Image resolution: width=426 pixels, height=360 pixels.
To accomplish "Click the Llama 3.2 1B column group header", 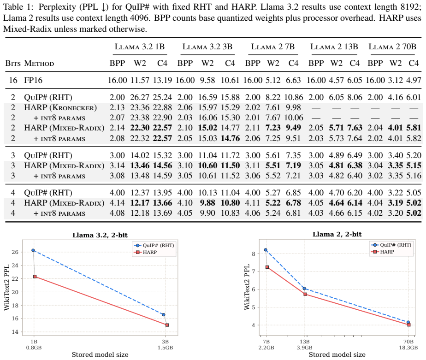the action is [x=140, y=47].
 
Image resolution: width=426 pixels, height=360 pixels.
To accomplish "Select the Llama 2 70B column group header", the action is [x=392, y=47].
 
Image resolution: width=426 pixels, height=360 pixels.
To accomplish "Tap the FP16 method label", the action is [x=33, y=80].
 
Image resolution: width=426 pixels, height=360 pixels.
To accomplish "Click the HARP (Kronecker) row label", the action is [x=60, y=107].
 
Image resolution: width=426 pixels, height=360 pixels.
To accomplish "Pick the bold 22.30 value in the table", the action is [x=140, y=128].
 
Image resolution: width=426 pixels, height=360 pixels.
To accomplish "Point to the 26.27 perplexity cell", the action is [x=140, y=97].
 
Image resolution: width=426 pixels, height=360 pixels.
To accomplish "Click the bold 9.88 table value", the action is [x=207, y=203].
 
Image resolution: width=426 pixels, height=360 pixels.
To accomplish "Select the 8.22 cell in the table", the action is [x=273, y=97].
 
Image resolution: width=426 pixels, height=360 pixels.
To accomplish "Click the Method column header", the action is [x=39, y=63].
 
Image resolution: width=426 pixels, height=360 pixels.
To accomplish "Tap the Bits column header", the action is [x=13, y=63].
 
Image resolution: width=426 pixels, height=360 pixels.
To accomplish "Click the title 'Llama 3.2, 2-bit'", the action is [x=100, y=235].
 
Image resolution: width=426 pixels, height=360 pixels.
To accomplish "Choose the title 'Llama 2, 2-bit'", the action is [x=337, y=234].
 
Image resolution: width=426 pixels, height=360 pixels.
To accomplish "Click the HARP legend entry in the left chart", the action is [x=146, y=253].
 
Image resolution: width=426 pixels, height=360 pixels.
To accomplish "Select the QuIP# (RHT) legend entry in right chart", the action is [x=391, y=245].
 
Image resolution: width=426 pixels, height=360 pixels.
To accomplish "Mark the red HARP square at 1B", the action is [x=35, y=277].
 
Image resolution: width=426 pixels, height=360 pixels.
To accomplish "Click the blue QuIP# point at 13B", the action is [x=304, y=289].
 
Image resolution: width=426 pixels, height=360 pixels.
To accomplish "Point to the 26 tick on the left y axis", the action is [x=15, y=252].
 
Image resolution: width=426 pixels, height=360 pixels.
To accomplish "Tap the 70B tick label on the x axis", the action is [x=408, y=342].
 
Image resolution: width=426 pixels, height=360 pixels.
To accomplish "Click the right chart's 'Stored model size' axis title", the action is [x=337, y=354].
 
